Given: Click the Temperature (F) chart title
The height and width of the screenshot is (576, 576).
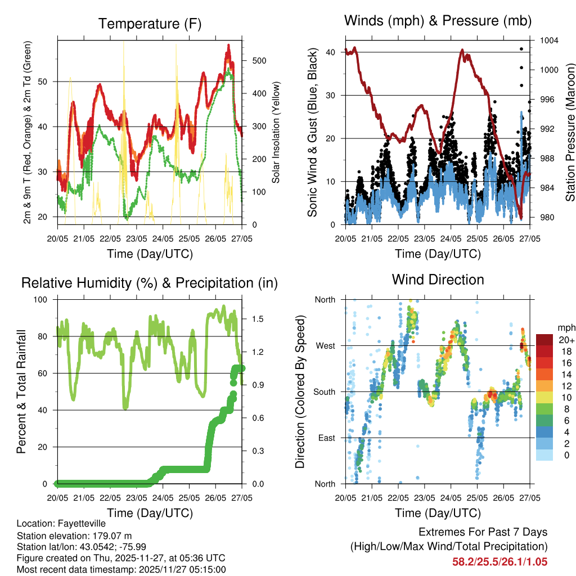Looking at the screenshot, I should tap(150, 24).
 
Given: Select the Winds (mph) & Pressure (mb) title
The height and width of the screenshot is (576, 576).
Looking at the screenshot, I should tap(438, 21).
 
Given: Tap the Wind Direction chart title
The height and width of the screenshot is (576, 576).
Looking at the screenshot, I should tap(438, 280).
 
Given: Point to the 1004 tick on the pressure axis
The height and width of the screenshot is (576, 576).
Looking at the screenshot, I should tap(548, 40).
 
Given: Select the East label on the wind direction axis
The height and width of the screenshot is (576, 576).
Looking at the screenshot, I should tap(326, 438).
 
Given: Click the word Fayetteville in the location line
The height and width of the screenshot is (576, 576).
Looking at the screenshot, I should tap(80, 524).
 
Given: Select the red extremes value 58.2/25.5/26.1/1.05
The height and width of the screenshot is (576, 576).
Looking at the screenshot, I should tap(499, 562).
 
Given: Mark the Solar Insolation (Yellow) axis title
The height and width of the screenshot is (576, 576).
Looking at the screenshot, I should tap(276, 133).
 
